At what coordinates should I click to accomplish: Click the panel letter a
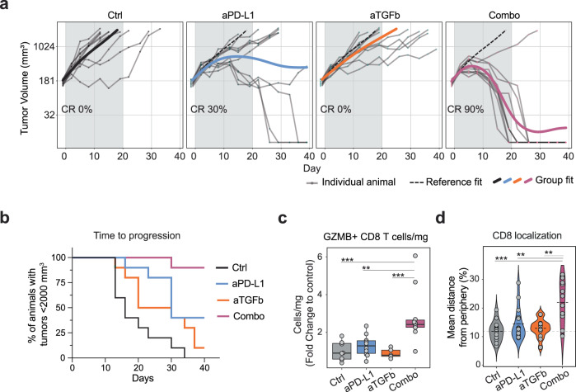point(6,7)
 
